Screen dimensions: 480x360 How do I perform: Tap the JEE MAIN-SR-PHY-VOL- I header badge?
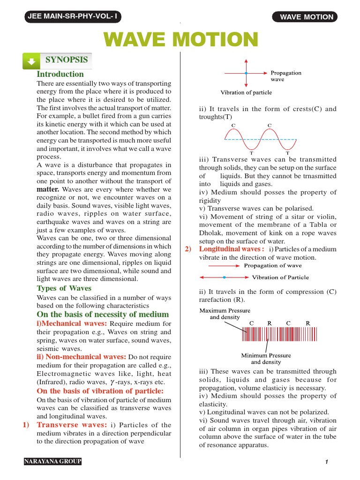73,17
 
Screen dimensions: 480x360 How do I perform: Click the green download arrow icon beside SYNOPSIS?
31,61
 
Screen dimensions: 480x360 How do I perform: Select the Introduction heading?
60,74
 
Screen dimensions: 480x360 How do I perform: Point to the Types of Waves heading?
64,288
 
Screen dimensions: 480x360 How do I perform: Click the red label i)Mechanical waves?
72,324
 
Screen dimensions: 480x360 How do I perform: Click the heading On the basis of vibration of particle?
100,391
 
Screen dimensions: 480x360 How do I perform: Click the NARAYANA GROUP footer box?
53,462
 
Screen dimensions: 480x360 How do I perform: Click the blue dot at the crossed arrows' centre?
246,74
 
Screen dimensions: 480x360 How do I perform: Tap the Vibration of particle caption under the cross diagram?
246,93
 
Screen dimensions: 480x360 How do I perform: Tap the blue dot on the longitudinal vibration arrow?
225,277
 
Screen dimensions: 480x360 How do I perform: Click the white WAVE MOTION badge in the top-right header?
307,17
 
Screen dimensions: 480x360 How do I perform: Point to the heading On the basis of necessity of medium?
103,314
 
